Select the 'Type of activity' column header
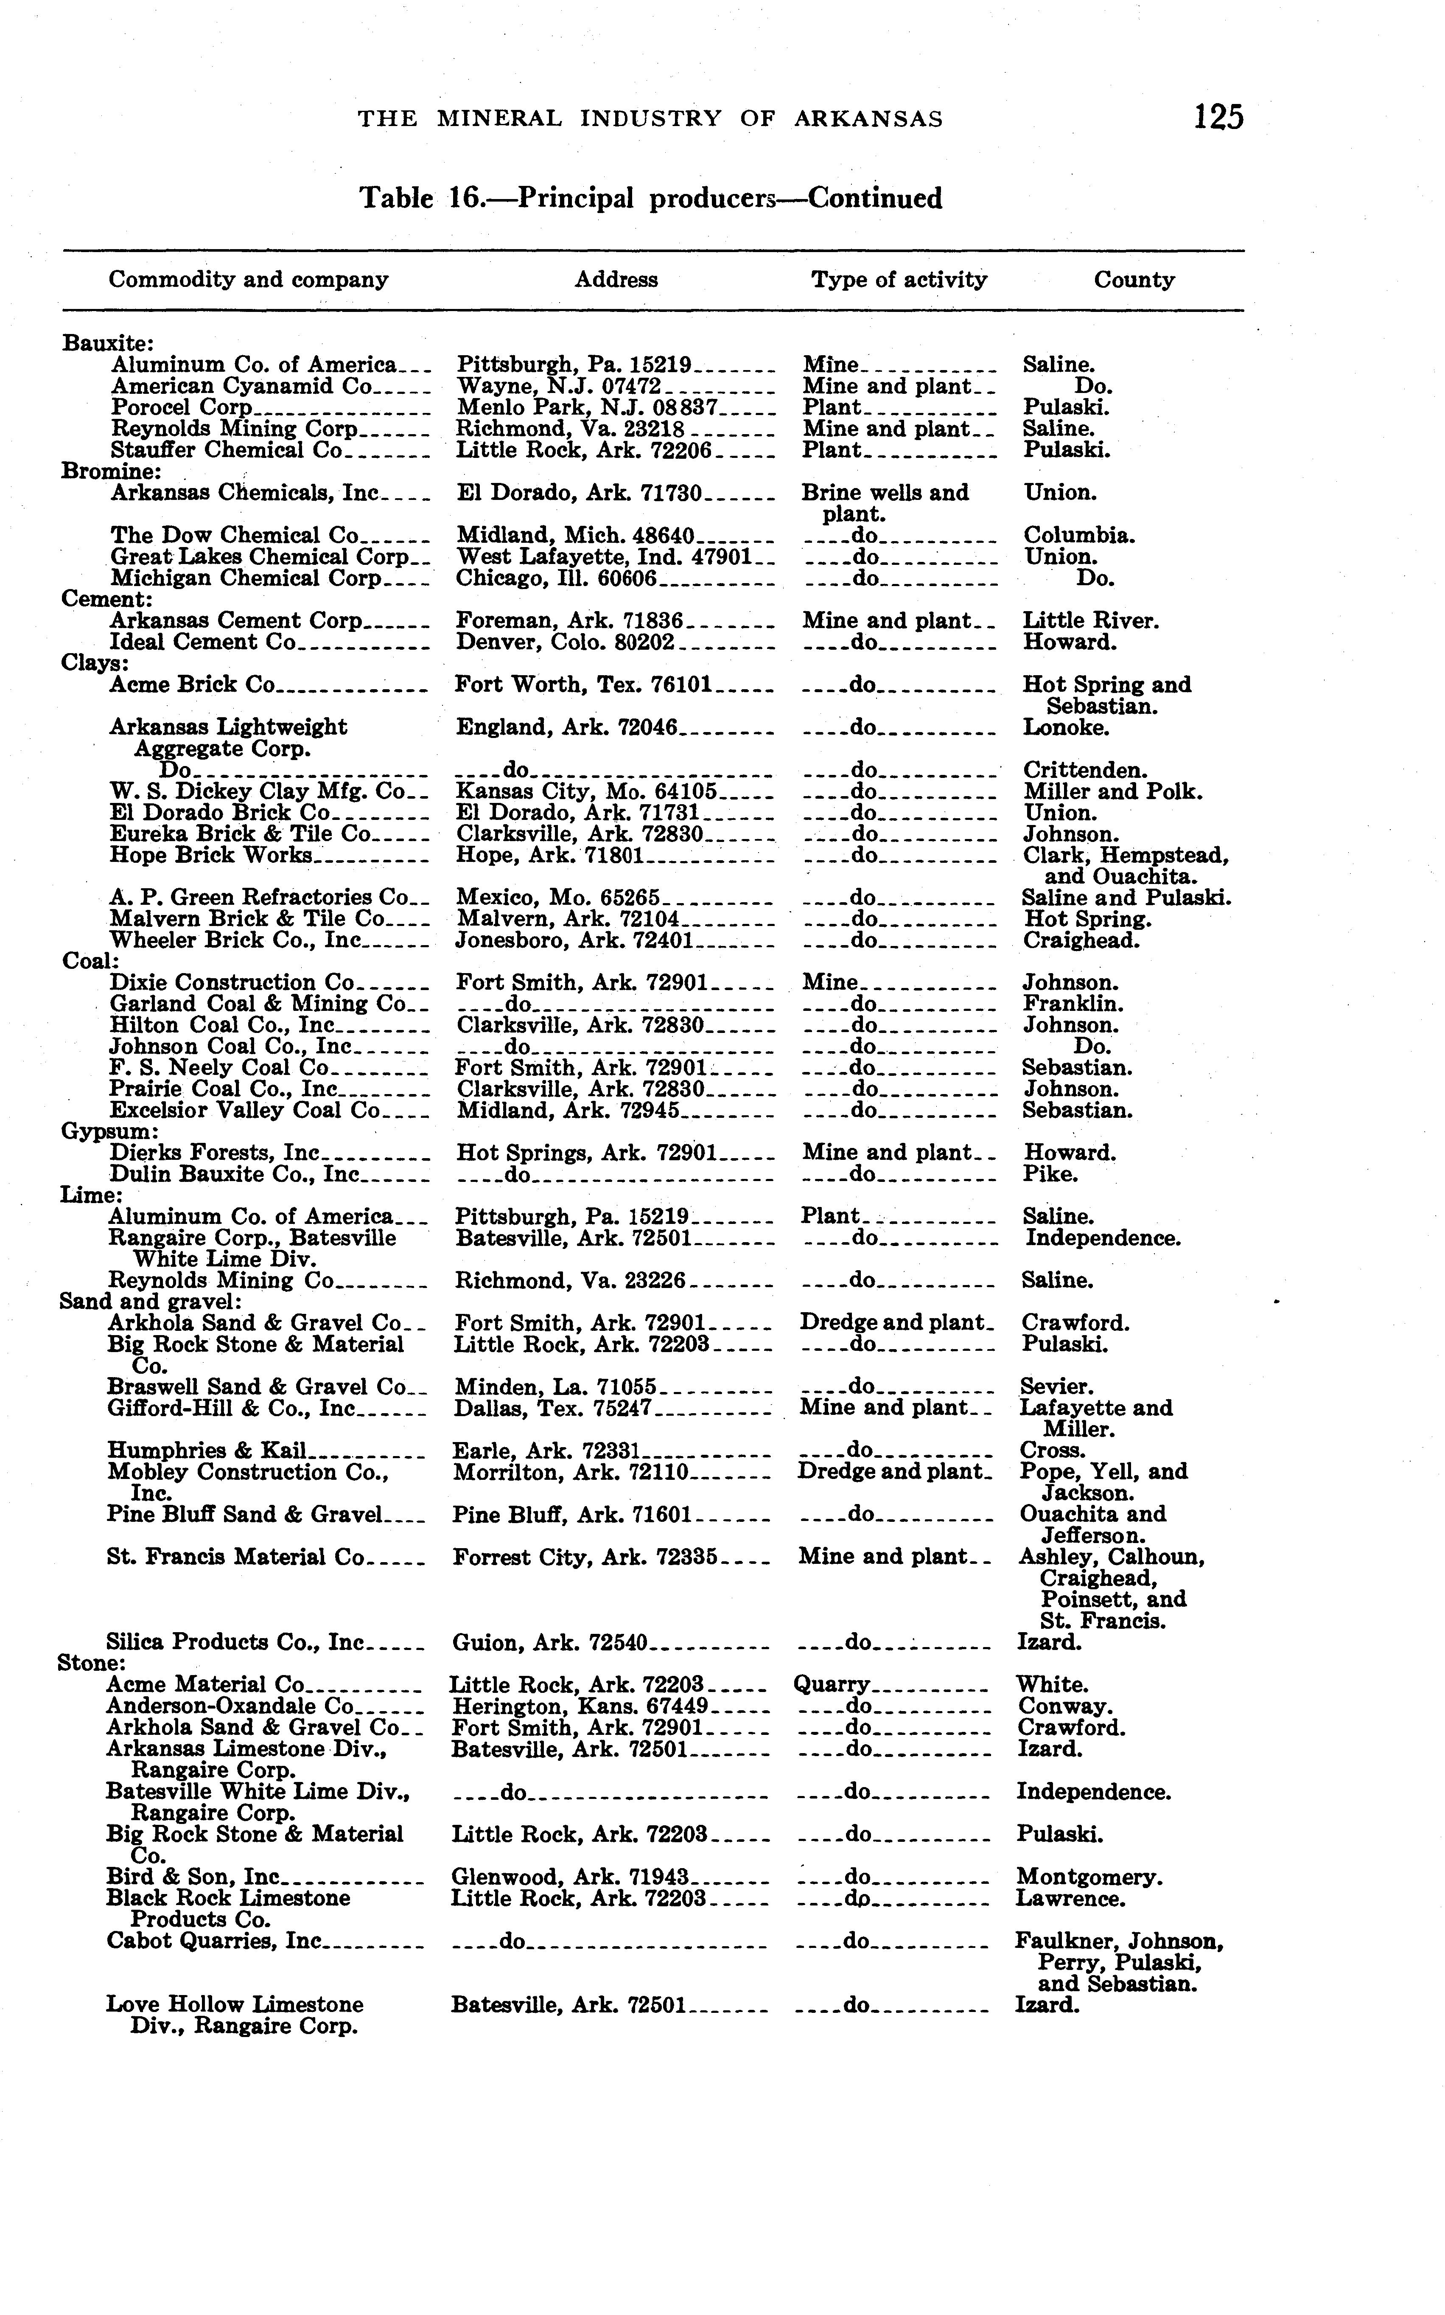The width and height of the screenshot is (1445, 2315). point(898,280)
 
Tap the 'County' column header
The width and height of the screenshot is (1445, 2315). point(1134,280)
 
